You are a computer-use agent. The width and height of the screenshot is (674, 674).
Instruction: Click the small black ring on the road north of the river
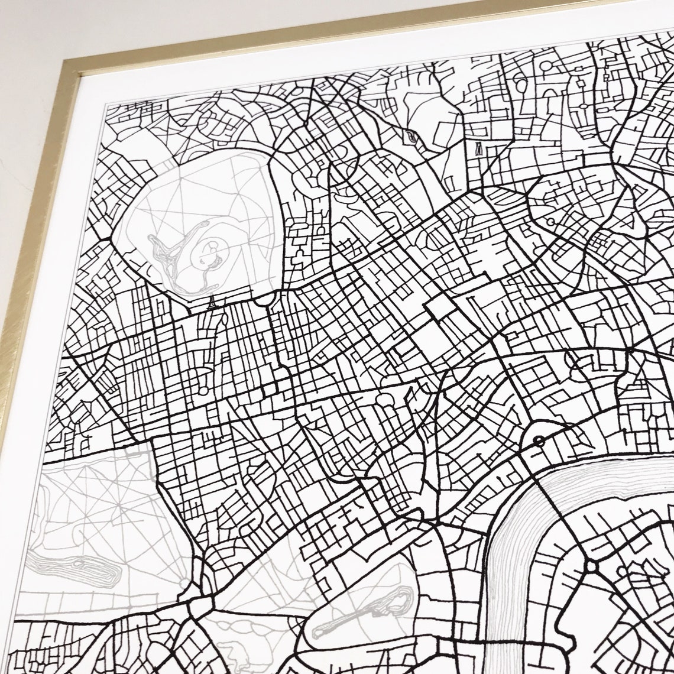pos(539,440)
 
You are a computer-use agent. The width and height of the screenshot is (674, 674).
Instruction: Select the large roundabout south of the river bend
pos(591,566)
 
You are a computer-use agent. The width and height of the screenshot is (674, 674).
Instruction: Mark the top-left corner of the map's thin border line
pos(105,107)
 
